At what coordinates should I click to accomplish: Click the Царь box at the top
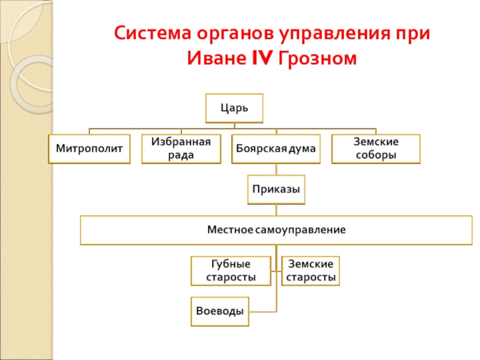pos(234,109)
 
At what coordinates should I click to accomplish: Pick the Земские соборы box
pos(376,149)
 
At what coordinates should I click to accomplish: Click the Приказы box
pos(276,190)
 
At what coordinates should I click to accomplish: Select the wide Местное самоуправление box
pos(276,230)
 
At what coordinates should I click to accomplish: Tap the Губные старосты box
pos(230,271)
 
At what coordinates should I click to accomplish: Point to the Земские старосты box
pos(310,271)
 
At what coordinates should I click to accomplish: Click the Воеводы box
pos(220,311)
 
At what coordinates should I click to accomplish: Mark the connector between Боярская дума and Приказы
pos(276,169)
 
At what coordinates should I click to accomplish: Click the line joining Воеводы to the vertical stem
pos(263,311)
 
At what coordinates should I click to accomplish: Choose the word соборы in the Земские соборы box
pos(376,155)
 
